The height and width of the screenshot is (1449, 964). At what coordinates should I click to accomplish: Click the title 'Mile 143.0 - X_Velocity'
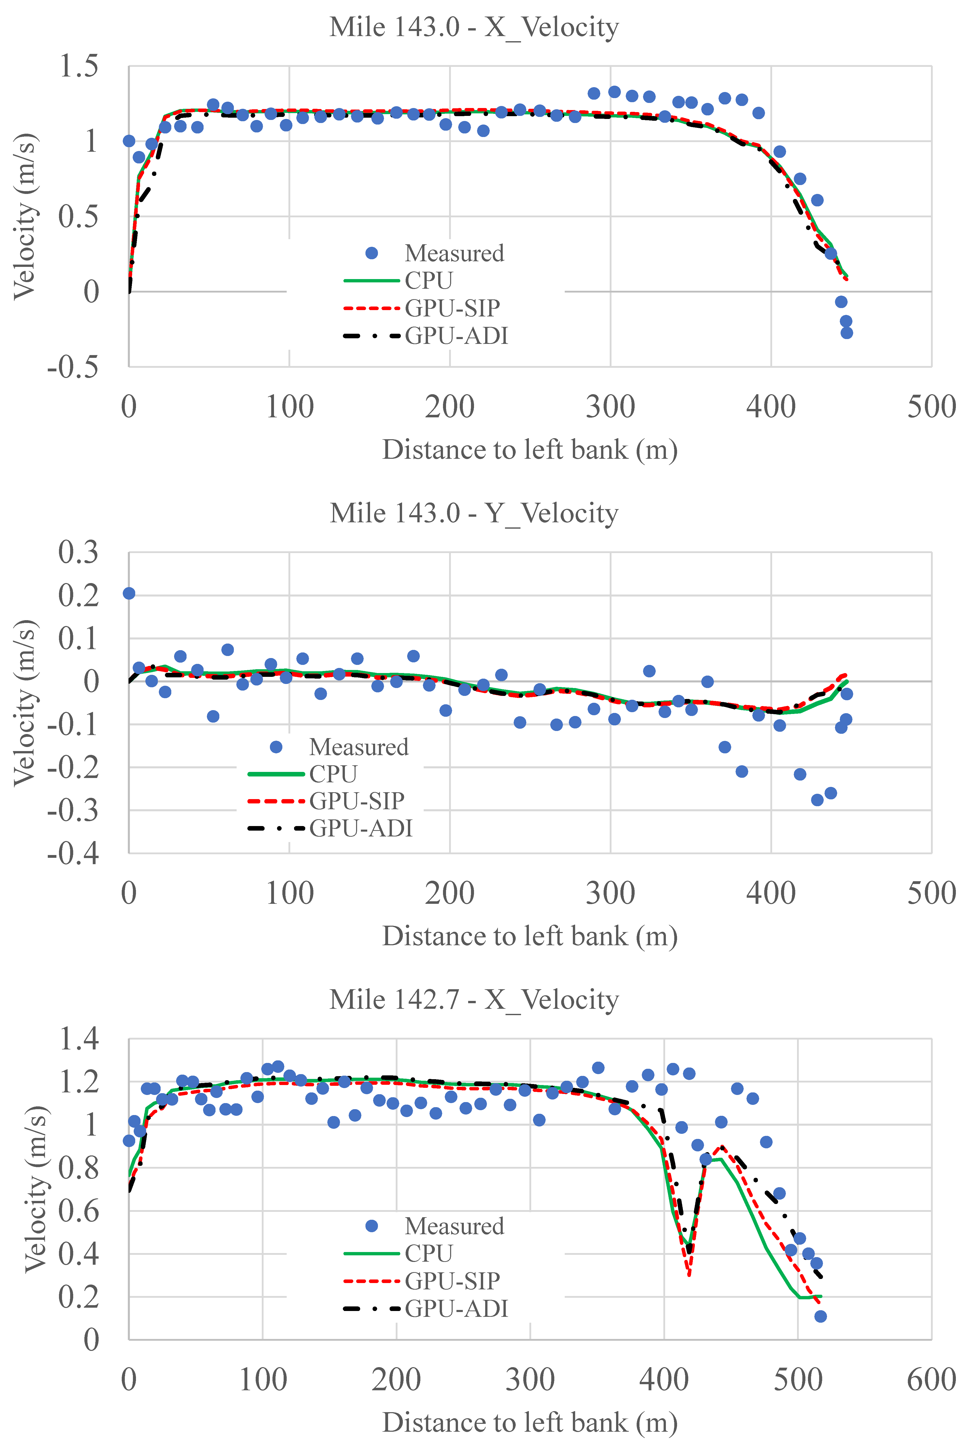tap(473, 28)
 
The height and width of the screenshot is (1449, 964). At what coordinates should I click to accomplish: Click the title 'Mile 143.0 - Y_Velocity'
tap(473, 513)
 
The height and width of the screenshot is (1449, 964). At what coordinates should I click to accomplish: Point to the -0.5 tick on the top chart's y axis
tap(72, 367)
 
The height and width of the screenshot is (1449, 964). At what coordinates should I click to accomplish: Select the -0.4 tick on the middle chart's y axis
tap(72, 853)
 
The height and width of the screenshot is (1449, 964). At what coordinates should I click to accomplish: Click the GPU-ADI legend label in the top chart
tap(456, 336)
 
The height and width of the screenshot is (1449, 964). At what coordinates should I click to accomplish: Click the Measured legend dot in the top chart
tap(371, 253)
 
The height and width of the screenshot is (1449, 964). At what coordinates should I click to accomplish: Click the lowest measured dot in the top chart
tap(847, 333)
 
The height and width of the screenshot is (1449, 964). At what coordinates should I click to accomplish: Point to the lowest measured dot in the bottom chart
tap(820, 1316)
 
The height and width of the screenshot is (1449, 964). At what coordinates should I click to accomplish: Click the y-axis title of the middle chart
tap(25, 703)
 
